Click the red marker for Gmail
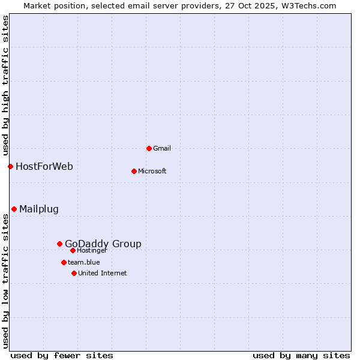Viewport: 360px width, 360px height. point(149,148)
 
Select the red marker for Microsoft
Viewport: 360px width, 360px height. point(134,171)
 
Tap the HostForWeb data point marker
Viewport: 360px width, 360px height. point(10,166)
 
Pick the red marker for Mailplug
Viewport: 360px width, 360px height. point(14,209)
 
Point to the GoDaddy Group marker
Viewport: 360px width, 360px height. point(59,244)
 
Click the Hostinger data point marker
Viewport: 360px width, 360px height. point(73,250)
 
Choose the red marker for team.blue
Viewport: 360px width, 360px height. point(64,262)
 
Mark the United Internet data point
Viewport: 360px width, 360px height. point(74,273)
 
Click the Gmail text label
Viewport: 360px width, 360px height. point(162,148)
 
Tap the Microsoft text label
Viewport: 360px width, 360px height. point(152,171)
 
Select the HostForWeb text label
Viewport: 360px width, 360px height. point(44,166)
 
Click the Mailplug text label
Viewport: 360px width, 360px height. point(39,209)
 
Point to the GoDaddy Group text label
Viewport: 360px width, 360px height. point(103,244)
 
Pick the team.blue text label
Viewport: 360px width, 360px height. point(83,262)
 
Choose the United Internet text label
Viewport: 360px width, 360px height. point(102,273)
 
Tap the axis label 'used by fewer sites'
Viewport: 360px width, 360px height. point(62,355)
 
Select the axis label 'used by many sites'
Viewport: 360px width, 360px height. point(301,355)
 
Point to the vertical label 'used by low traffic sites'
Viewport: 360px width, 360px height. point(5,281)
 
